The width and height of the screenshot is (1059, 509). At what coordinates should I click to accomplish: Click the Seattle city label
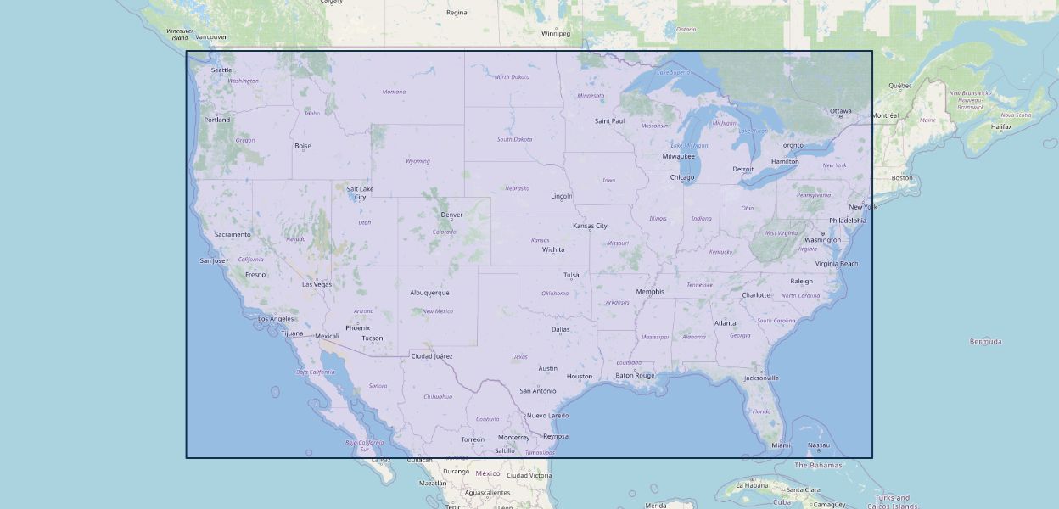point(221,70)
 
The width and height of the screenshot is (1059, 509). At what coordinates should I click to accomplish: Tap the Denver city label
point(451,215)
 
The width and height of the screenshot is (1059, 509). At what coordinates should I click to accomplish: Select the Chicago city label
point(682,177)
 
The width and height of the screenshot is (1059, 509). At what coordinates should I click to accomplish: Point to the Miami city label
point(782,445)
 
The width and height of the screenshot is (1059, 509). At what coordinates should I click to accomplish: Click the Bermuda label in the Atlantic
point(985,341)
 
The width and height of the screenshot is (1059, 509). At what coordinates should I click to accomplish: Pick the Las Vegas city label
point(317,284)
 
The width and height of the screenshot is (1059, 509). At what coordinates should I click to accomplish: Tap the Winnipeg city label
point(556,33)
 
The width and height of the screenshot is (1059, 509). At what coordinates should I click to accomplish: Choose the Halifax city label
point(1001,126)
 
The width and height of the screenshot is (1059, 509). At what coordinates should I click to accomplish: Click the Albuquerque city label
point(429,293)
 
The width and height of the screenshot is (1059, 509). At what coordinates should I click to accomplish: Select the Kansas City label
point(590,226)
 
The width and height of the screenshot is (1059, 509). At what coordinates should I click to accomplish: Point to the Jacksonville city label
point(761,378)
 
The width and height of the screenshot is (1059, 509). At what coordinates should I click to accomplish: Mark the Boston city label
point(902,177)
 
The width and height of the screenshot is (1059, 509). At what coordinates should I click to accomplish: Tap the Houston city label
point(580,376)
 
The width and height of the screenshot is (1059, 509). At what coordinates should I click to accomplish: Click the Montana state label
point(394,92)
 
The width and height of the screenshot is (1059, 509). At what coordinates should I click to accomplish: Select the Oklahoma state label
point(555,294)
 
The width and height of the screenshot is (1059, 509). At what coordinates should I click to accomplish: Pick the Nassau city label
point(819,445)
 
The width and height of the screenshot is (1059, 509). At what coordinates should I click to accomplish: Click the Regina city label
point(457,13)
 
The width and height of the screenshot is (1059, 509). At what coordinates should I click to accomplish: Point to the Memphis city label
point(650,291)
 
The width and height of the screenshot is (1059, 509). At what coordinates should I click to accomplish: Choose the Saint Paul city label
point(609,120)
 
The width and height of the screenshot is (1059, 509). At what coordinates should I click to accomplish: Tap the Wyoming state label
point(417,161)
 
